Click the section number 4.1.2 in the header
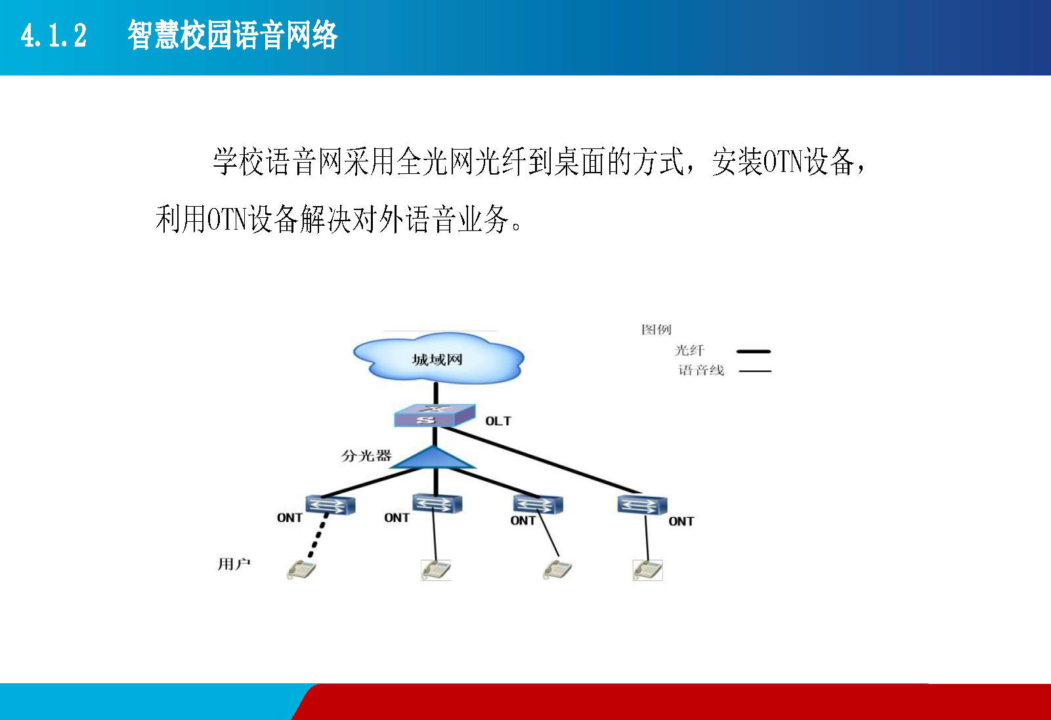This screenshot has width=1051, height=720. [54, 35]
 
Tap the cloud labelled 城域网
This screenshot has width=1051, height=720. [439, 358]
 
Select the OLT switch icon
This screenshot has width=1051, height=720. [435, 415]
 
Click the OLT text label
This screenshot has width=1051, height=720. [498, 421]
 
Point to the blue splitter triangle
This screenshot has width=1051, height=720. [433, 458]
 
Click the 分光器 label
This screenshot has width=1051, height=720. [366, 455]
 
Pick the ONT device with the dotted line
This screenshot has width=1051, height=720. [330, 505]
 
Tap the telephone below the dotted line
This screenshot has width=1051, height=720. [301, 570]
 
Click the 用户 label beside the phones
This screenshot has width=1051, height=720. [234, 564]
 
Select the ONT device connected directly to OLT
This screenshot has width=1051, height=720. [642, 505]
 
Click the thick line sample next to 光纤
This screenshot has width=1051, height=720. [754, 351]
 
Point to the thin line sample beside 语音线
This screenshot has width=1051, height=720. [755, 371]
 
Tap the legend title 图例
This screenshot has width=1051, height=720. [656, 329]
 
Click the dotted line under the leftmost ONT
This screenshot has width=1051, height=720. [318, 536]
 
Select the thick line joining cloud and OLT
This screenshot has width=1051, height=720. [436, 394]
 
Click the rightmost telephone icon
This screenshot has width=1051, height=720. [647, 570]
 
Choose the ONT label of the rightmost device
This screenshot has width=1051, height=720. [681, 521]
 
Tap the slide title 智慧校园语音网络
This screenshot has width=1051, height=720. [233, 35]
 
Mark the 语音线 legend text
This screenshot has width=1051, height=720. [701, 371]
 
